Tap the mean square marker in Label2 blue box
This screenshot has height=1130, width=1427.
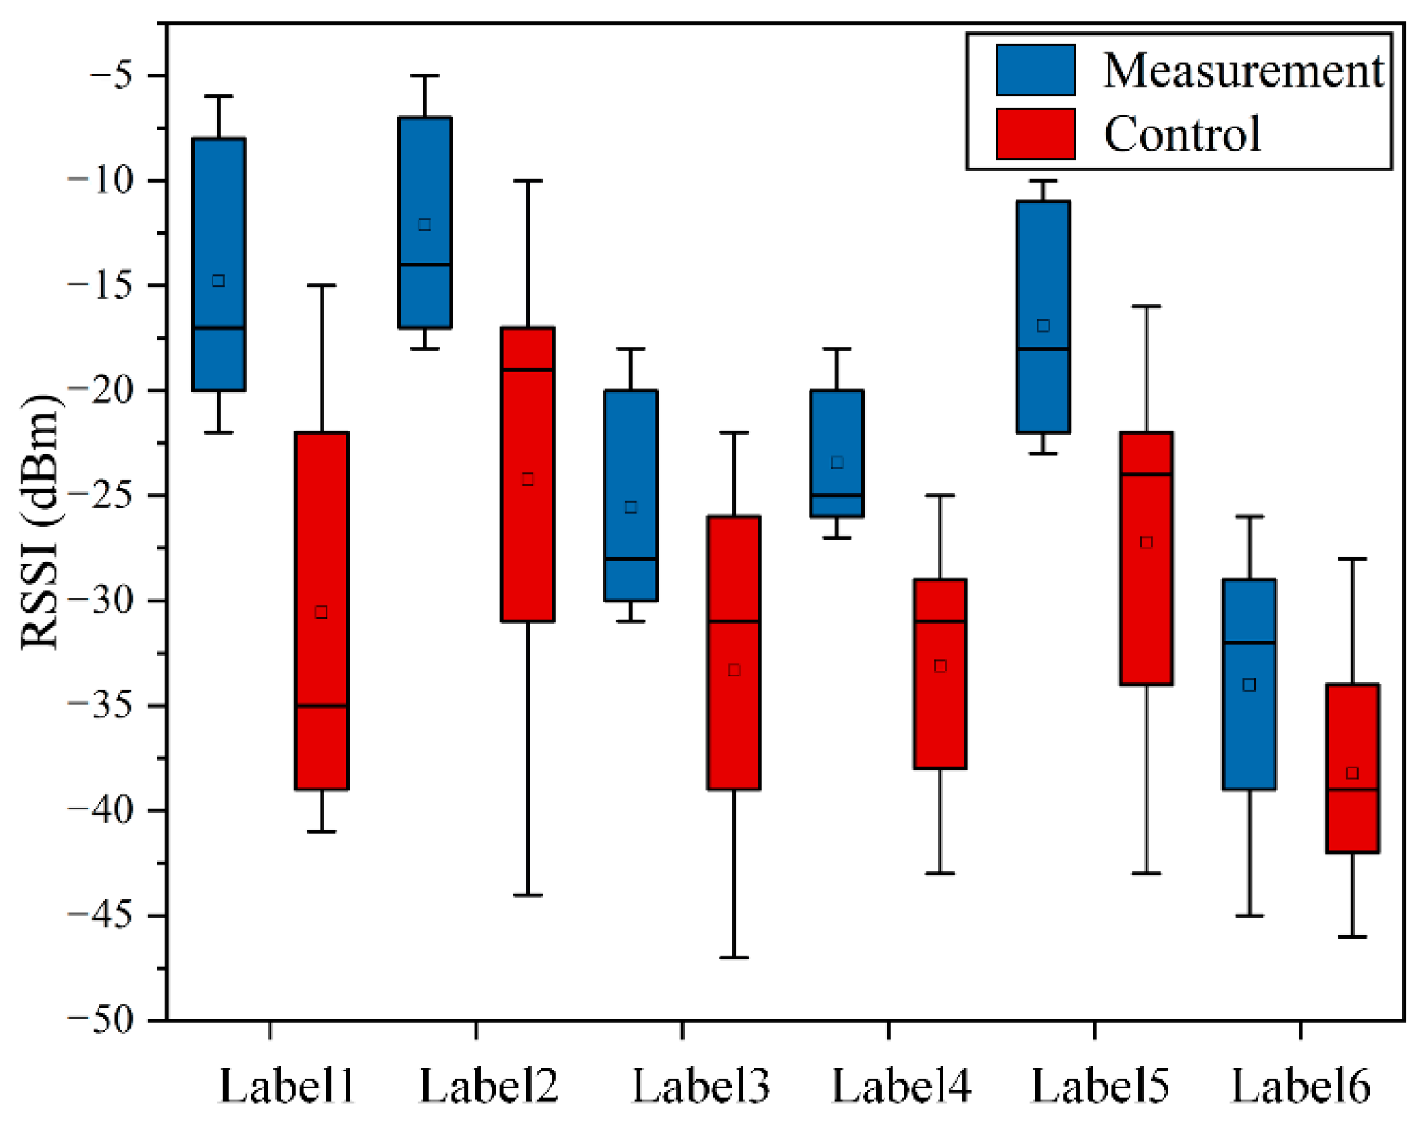pos(424,225)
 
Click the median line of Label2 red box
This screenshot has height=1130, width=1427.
pos(527,369)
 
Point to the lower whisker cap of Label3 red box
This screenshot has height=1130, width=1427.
pos(734,957)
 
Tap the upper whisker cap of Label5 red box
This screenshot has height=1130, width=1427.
pos(1146,306)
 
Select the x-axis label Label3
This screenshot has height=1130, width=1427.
pos(700,1086)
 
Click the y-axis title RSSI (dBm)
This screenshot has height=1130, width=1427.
pos(40,523)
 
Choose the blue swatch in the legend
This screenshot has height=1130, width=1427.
pos(1035,70)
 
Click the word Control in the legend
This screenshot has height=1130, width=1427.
pos(1181,134)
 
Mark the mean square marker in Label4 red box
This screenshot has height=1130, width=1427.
pos(940,666)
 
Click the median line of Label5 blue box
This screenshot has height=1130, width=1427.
pos(1043,349)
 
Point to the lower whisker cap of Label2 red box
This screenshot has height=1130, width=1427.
pos(527,895)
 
